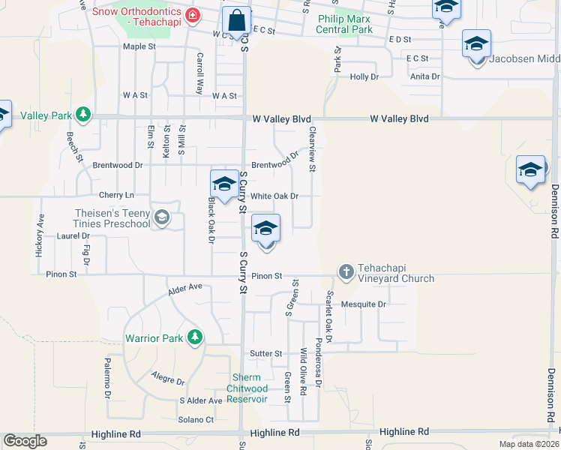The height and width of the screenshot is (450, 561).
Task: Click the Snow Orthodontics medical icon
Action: [193, 14]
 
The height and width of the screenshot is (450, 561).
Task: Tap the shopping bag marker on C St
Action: [237, 22]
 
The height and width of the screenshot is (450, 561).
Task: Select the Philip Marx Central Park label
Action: [345, 24]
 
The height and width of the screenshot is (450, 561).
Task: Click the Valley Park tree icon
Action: [85, 115]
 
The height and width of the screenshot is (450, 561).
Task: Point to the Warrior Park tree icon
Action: [195, 337]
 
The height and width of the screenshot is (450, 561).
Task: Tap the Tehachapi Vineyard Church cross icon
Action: [346, 271]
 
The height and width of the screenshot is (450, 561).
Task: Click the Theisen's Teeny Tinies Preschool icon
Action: [161, 217]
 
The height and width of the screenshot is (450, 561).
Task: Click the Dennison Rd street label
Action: [554, 211]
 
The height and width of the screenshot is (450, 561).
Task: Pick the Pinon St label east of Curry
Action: [266, 276]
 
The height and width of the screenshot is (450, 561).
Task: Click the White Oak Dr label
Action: [274, 196]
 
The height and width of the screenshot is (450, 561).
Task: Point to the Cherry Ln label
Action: [115, 195]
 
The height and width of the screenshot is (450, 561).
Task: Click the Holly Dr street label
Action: [364, 76]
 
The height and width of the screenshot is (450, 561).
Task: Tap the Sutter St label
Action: [266, 353]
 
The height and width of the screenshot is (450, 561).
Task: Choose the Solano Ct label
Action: [196, 419]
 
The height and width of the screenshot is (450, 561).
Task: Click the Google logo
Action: [25, 441]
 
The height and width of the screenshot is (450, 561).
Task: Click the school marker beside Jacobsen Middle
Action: [476, 45]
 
